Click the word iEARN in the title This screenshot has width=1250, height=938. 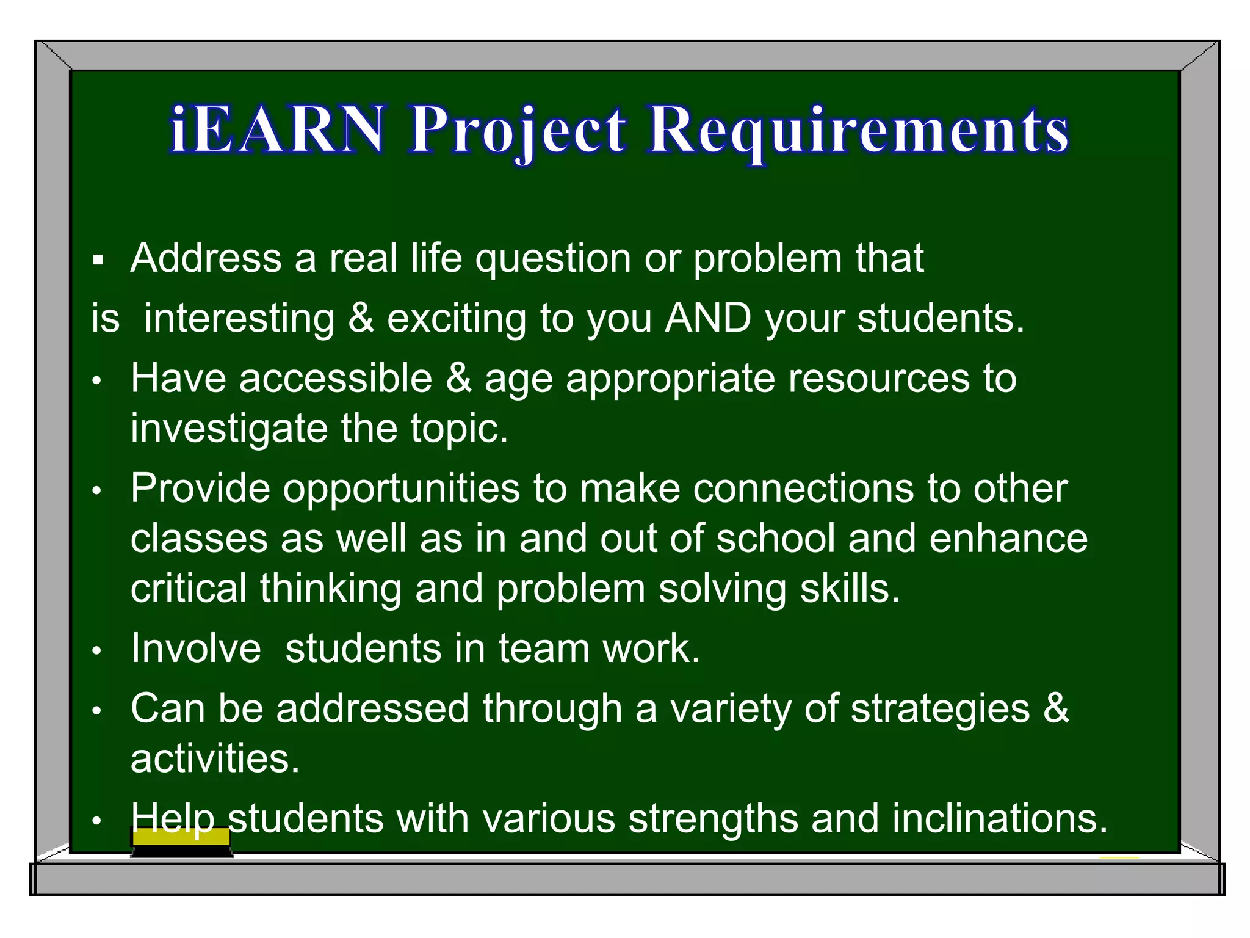[x=278, y=129]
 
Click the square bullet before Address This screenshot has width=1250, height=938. [x=98, y=261]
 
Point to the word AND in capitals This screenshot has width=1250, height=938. [x=707, y=318]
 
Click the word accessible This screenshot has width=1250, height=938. [x=336, y=378]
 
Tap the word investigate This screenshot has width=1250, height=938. [x=229, y=429]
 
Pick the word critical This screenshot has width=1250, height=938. [x=189, y=588]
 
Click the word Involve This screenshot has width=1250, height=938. [x=196, y=648]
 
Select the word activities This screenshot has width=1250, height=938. [x=215, y=759]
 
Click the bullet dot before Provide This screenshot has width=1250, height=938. [x=96, y=491]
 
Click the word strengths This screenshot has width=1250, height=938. [x=713, y=818]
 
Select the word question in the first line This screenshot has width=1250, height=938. [x=553, y=259]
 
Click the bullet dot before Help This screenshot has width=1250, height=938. [x=96, y=821]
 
